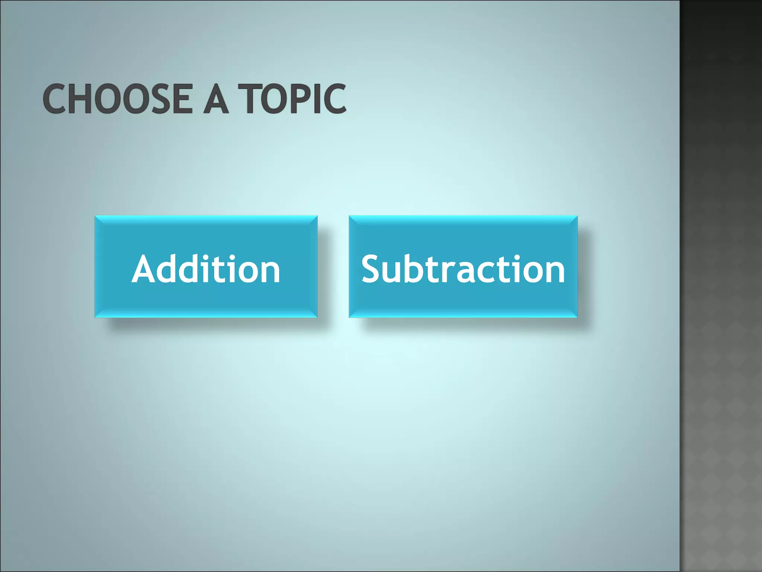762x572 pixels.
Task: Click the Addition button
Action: coord(206,267)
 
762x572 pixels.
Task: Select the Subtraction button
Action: coord(463,267)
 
